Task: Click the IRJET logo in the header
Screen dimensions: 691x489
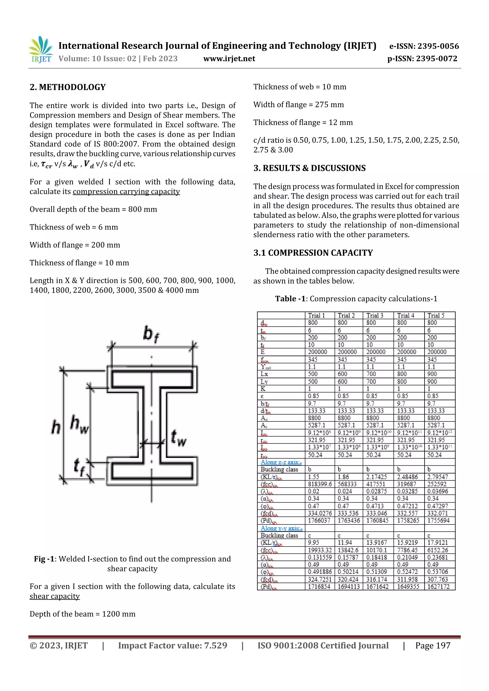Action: (x=41, y=50)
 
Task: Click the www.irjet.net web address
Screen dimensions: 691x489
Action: (x=229, y=59)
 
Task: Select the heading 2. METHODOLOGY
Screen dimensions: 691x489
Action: (x=68, y=87)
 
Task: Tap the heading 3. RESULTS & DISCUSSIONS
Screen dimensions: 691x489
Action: (x=309, y=168)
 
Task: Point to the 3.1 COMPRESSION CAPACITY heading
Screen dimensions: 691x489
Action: (x=313, y=253)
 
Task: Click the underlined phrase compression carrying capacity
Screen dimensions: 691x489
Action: (x=126, y=192)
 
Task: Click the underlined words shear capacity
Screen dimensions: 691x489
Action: (x=54, y=596)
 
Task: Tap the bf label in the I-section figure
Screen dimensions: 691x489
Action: (x=151, y=334)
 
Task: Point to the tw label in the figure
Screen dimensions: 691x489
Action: (x=179, y=438)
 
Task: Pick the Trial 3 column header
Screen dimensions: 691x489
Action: (x=374, y=315)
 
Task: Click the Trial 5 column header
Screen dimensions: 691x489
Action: (x=436, y=315)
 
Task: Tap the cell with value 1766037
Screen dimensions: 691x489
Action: (x=319, y=521)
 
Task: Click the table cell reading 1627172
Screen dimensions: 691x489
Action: (x=438, y=587)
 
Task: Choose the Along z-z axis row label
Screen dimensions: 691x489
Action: (x=281, y=462)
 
